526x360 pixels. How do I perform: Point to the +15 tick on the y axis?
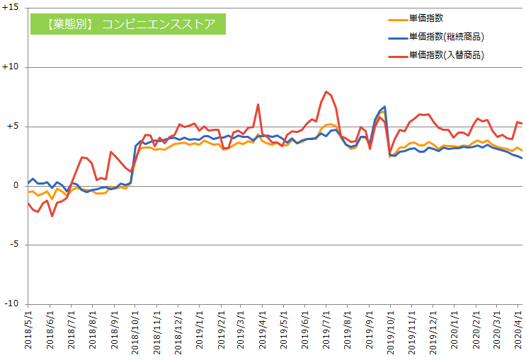11,8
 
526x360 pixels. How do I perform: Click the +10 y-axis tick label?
11,67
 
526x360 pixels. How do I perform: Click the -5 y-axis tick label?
14,245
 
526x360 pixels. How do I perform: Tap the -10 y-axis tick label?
12,304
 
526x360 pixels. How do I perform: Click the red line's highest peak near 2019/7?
326,92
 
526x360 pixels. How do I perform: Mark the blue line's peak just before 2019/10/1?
384,107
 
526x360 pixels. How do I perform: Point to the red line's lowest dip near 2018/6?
52,216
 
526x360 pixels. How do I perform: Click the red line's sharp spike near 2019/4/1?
258,105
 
